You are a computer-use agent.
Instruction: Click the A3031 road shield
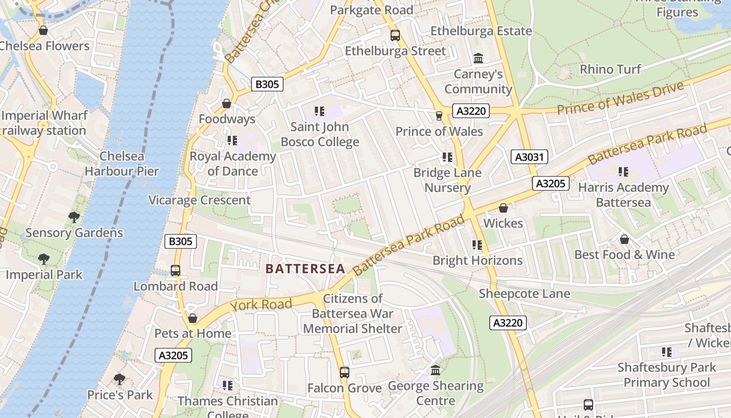click(529, 157)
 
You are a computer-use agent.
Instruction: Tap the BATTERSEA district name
click(305, 269)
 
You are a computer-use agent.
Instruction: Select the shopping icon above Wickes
click(503, 208)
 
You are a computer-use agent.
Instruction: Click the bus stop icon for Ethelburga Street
click(395, 36)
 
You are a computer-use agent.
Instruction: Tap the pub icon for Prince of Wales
click(439, 115)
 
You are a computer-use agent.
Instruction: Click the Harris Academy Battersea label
click(623, 194)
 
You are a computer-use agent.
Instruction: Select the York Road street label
click(261, 305)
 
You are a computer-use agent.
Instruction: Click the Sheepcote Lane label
click(524, 294)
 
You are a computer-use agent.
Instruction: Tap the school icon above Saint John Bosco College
click(320, 111)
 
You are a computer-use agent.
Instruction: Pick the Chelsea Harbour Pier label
click(122, 164)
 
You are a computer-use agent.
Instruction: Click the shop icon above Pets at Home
click(193, 318)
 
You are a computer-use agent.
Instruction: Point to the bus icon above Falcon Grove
click(344, 373)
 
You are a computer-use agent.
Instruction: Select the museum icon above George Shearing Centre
click(435, 370)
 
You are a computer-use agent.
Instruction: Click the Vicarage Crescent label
click(199, 200)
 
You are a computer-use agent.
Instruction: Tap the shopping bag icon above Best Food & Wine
click(624, 239)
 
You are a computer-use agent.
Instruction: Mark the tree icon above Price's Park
click(120, 379)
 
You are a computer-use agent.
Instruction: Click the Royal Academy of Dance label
click(233, 164)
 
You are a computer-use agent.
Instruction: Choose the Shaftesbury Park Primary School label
click(667, 375)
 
